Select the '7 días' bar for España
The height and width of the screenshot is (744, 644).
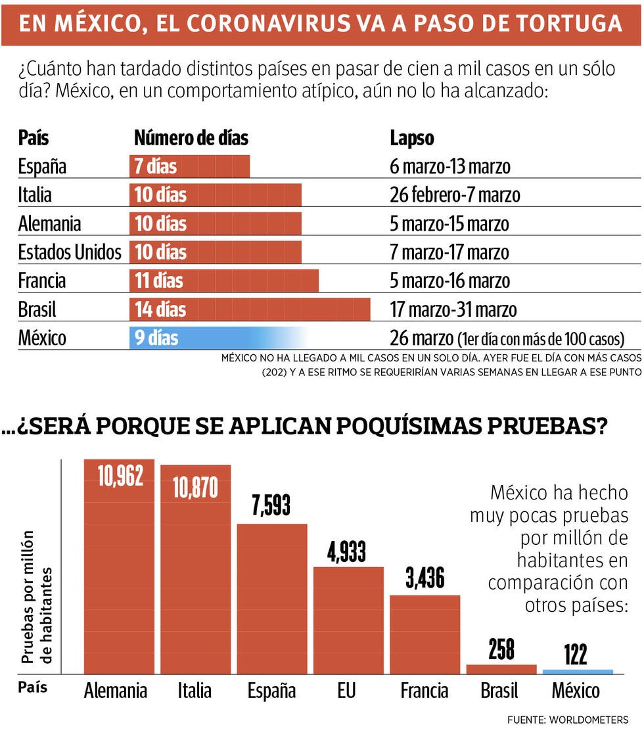[x=189, y=166]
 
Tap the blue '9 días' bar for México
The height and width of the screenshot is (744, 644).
[x=217, y=338]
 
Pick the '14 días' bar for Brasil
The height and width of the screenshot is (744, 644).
[x=250, y=309]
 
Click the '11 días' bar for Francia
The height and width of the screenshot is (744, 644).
[x=223, y=281]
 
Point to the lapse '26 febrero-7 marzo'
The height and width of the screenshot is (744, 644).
[x=455, y=195]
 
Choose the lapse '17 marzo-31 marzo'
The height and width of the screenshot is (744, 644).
[x=453, y=310]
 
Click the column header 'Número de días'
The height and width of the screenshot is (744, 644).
[x=191, y=138]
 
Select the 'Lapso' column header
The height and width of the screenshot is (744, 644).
[x=412, y=138]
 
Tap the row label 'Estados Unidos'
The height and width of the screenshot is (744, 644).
[x=70, y=252]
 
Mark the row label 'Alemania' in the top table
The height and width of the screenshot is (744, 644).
[x=49, y=223]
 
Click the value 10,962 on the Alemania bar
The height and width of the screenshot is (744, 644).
[x=120, y=477]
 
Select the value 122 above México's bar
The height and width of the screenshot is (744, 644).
[x=575, y=655]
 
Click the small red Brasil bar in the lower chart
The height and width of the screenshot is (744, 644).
[x=501, y=668]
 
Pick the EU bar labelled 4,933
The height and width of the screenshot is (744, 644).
[x=348, y=618]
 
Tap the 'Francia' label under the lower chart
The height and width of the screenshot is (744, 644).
[x=425, y=691]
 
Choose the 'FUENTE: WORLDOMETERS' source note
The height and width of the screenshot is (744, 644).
[x=568, y=720]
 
